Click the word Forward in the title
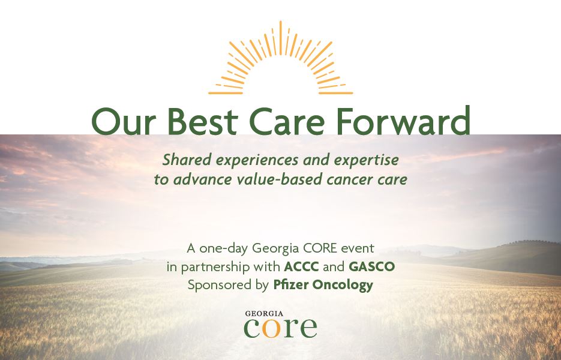[403, 120]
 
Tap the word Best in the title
[202, 121]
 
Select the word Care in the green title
[287, 121]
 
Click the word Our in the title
[124, 121]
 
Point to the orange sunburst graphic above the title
[281, 58]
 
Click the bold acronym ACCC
[301, 266]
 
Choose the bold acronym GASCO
[371, 266]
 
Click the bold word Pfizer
[291, 285]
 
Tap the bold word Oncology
[343, 286]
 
